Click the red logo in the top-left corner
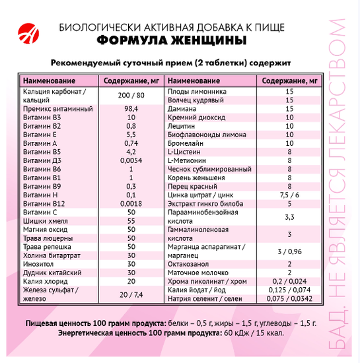[x=29, y=30]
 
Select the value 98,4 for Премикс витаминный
[x=131, y=108]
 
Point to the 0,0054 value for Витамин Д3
[x=131, y=160]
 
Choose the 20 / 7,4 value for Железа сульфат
[x=131, y=294]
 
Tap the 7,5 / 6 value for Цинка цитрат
[x=289, y=195]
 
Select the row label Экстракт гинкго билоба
[x=204, y=204]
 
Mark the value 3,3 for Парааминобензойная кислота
[x=289, y=217]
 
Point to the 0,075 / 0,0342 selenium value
[x=289, y=298]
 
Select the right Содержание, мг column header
[x=289, y=80]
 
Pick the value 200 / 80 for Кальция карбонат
[x=131, y=96]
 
